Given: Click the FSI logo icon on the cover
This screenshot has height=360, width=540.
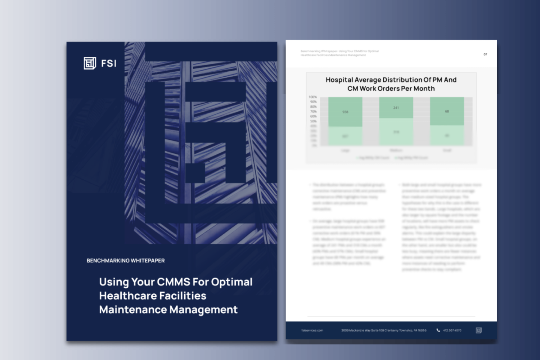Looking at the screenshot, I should (90, 63).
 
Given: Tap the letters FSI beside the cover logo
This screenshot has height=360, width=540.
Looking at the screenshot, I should (109, 64).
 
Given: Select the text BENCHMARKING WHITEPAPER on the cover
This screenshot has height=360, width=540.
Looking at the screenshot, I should (126, 261).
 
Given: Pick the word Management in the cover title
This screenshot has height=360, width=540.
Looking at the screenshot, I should (203, 310).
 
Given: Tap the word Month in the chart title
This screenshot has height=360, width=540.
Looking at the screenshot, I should (424, 89).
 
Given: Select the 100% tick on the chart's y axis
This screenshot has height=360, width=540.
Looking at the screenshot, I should (312, 97).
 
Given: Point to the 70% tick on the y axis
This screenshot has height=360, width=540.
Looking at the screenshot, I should (313, 112).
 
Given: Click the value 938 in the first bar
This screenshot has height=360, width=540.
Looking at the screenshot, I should (345, 112).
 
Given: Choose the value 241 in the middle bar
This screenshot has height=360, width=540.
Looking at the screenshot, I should (396, 108).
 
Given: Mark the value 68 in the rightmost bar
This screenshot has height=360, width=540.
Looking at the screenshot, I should (447, 111).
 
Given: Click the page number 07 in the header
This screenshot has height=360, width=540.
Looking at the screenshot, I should (485, 54).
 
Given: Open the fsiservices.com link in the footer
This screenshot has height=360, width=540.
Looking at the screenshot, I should (312, 330).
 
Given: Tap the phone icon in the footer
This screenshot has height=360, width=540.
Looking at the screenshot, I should (438, 330).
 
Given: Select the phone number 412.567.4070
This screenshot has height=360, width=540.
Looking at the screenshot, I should (452, 330).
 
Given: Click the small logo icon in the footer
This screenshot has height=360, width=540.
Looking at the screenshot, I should (479, 330).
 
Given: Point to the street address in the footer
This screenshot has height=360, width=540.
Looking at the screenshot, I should (384, 330).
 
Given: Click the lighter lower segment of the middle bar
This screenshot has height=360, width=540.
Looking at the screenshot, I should (396, 132).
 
